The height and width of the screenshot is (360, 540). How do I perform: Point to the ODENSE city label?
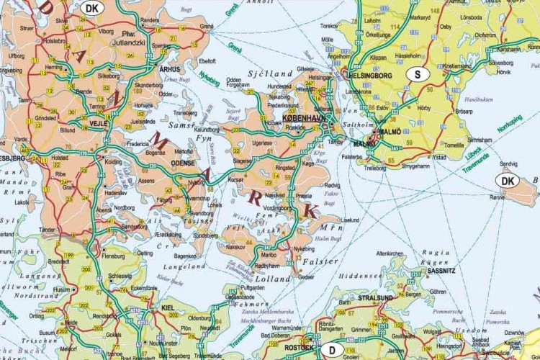coord(184,163)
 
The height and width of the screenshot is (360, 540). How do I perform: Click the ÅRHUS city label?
coord(166,68)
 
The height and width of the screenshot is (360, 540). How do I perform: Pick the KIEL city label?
coord(169,307)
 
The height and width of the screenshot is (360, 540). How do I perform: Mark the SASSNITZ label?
coord(441,271)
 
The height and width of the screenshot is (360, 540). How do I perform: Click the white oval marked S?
coord(417,73)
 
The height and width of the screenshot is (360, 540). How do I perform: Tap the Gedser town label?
coord(306,276)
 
